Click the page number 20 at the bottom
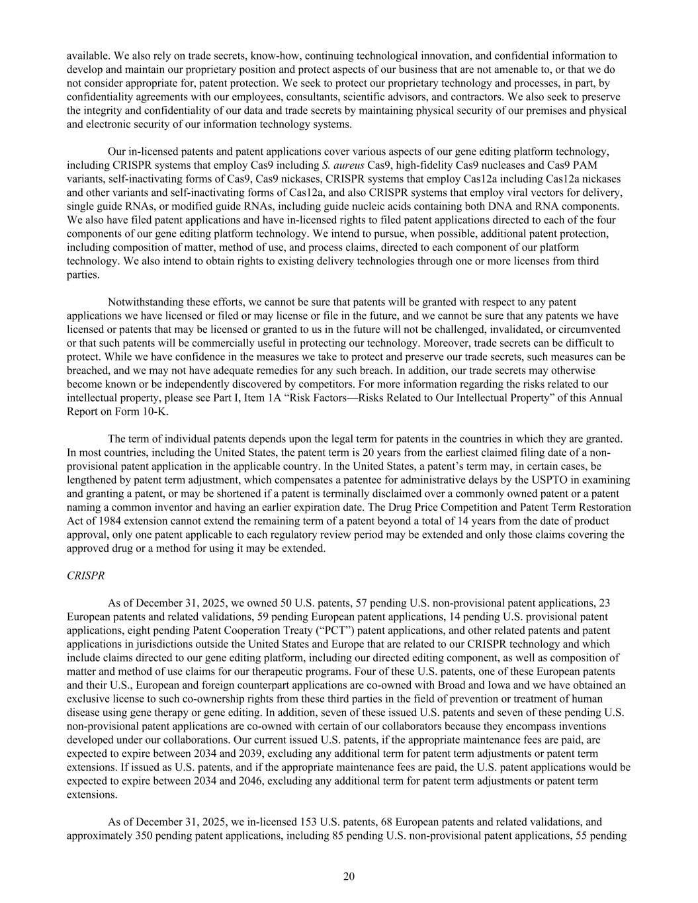349,877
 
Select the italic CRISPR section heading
85,576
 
